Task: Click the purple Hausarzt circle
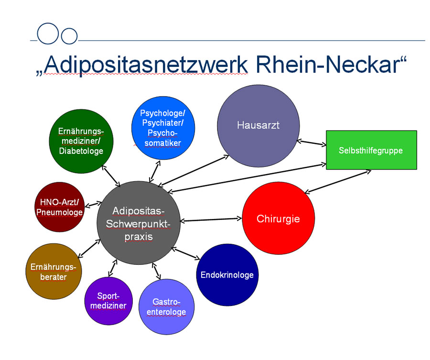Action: [x=258, y=126]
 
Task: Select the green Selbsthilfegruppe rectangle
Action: [x=371, y=150]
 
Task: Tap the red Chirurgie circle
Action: [x=279, y=218]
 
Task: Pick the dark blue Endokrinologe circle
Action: [x=227, y=275]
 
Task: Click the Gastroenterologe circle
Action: [x=166, y=307]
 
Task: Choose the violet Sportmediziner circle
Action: [x=108, y=301]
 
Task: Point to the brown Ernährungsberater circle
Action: [x=54, y=271]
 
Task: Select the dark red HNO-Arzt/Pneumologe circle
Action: [x=60, y=207]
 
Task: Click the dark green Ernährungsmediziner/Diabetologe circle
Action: [x=81, y=141]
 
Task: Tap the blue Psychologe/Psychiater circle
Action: [x=163, y=128]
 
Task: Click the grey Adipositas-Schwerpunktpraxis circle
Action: [x=139, y=223]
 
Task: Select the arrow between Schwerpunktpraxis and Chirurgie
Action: [x=211, y=219]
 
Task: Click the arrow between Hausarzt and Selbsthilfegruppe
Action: [x=312, y=142]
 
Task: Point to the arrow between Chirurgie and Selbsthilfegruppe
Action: [x=338, y=182]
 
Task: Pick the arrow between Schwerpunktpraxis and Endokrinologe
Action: [x=186, y=253]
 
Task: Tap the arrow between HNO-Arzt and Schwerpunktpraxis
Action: [x=93, y=205]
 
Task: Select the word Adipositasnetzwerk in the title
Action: [x=146, y=65]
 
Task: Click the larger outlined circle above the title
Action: [x=48, y=33]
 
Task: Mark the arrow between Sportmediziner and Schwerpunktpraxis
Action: [x=113, y=268]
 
